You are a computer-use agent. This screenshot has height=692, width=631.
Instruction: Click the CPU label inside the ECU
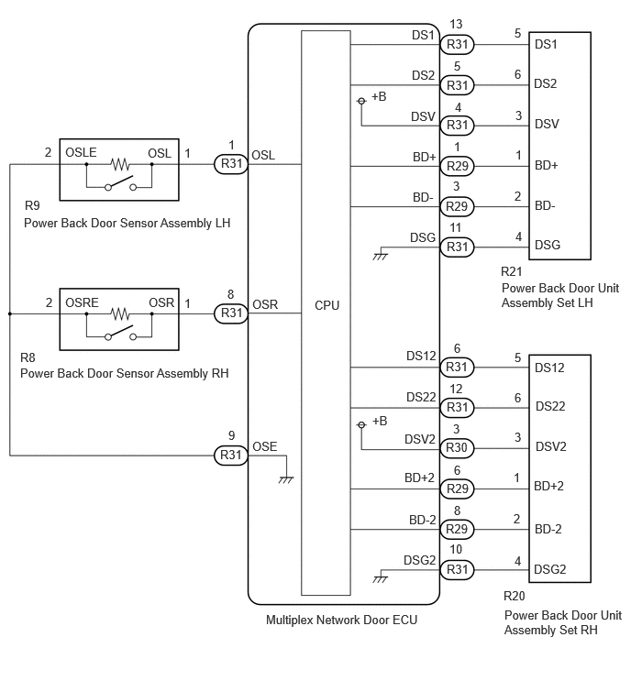[327, 305]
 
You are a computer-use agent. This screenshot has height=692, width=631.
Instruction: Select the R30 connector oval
[457, 448]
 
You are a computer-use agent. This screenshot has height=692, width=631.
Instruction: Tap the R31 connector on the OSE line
[231, 455]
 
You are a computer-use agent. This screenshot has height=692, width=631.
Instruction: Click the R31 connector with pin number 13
[457, 44]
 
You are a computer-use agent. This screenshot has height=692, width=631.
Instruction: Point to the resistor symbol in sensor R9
[119, 165]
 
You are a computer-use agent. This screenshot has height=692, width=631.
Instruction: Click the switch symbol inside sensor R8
[120, 333]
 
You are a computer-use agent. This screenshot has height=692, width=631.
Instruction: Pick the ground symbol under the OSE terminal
[286, 479]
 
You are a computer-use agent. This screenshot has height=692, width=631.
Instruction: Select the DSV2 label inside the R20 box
[550, 446]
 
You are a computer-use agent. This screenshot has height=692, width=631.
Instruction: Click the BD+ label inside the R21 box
[547, 166]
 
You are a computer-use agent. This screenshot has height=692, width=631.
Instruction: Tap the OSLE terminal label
[81, 153]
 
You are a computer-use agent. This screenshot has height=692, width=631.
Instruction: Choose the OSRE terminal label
[82, 302]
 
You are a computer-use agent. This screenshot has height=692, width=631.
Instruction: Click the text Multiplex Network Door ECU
[341, 621]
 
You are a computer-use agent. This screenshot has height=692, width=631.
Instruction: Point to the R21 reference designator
[512, 271]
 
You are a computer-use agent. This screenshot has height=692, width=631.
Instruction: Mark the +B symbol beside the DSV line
[372, 98]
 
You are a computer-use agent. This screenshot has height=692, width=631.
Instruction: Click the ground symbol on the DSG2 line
[380, 579]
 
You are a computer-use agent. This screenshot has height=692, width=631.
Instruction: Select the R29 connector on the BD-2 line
[457, 529]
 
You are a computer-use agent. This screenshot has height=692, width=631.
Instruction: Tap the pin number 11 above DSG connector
[455, 227]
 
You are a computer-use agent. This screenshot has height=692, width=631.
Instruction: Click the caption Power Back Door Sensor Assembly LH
[127, 224]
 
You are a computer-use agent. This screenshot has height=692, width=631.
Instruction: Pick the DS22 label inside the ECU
[421, 397]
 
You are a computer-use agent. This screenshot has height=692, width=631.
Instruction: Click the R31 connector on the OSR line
[231, 313]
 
